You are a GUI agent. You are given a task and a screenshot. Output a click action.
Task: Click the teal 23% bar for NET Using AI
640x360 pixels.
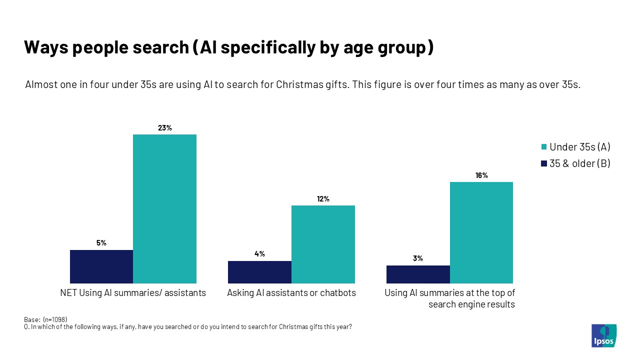[164, 209]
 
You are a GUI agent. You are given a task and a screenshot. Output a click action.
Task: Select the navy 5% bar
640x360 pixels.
[101, 266]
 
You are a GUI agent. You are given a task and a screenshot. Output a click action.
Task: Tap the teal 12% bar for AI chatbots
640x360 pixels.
[323, 244]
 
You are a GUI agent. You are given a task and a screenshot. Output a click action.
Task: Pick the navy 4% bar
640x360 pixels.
[259, 272]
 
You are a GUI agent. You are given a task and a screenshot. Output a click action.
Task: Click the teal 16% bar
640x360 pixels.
[481, 232]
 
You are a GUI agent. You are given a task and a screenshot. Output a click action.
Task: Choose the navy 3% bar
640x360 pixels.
[418, 274]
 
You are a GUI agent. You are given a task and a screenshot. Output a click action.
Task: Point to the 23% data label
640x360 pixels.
[165, 128]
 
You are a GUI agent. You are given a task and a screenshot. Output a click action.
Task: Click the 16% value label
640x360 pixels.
[482, 175]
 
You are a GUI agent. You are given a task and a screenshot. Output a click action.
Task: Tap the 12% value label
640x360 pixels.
[323, 199]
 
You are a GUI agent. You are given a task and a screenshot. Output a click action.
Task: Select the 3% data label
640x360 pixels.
[418, 258]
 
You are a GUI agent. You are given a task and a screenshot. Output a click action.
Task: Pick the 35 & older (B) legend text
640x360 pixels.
[579, 163]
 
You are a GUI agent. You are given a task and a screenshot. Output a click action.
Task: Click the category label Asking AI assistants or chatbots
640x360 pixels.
[291, 293]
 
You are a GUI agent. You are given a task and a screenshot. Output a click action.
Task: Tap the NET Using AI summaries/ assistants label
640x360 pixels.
[133, 293]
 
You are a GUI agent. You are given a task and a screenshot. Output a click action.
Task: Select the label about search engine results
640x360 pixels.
[449, 298]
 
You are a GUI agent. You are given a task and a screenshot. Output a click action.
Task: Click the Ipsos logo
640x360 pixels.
[603, 335]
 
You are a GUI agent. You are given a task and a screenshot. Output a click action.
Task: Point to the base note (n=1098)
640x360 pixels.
[45, 319]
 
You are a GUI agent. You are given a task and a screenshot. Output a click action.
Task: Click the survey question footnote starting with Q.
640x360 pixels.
[188, 327]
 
